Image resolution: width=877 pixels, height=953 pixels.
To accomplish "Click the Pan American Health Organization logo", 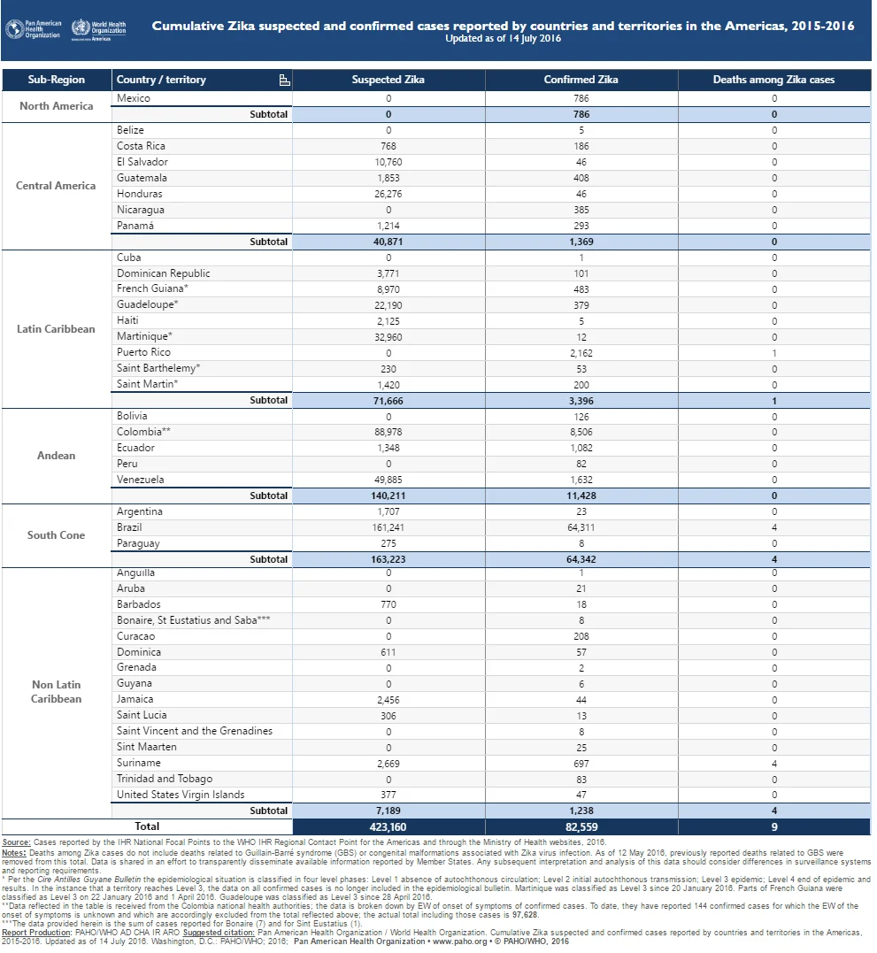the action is (34, 29).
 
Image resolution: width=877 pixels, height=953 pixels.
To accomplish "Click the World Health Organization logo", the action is (98, 30).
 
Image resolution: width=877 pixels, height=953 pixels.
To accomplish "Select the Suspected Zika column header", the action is (388, 80).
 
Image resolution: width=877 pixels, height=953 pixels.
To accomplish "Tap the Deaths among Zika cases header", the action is (773, 80).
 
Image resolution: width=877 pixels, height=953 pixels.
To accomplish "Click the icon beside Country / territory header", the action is (284, 81).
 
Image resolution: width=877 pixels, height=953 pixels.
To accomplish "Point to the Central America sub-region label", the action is (56, 186).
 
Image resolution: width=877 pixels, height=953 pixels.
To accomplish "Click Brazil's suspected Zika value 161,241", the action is (388, 527).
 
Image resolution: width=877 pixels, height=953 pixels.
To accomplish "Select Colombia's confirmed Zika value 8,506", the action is (581, 432).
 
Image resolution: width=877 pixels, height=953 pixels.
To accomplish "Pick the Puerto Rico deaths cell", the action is (773, 353).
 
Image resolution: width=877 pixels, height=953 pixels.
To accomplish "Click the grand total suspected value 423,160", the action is (388, 827).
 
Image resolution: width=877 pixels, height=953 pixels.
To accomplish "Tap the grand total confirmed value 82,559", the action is (581, 827).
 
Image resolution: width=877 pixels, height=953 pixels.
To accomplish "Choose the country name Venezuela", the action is (141, 480).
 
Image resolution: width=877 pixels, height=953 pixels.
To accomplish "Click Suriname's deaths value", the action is (773, 764).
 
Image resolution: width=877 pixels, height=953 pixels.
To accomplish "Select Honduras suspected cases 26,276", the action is (388, 194).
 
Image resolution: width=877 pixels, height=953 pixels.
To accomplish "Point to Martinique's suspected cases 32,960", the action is (388, 337).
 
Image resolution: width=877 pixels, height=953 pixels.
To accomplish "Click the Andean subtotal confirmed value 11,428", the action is (581, 496).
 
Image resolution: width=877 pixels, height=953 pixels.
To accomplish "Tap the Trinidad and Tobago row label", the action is (165, 780).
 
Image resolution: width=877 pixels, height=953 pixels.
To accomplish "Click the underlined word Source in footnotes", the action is (16, 842).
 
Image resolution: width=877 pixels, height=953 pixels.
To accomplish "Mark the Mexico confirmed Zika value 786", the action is (581, 98).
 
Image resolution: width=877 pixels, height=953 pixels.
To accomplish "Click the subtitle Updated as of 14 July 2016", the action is (504, 38).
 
